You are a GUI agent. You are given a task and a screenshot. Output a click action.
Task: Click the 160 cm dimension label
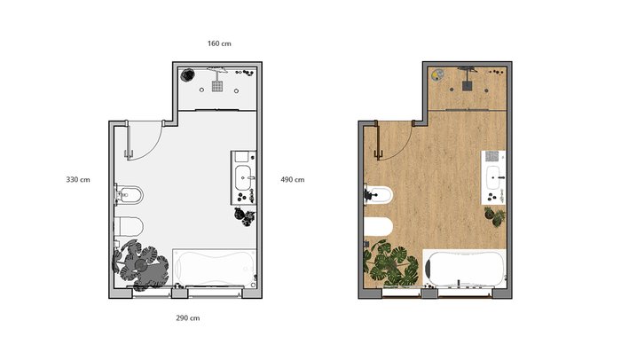coord(219,43)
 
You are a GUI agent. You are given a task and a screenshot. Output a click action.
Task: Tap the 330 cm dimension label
coord(78,179)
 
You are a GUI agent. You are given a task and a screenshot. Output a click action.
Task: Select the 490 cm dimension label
coord(293,179)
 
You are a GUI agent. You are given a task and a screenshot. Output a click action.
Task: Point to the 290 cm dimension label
coord(188,317)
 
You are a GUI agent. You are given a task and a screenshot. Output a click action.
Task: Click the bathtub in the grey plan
coord(215,268)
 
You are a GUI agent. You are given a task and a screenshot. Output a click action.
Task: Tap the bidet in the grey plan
coord(130,195)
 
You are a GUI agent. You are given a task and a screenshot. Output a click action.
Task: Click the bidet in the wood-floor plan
coord(379,195)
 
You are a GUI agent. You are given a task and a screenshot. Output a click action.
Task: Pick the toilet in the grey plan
coord(130,227)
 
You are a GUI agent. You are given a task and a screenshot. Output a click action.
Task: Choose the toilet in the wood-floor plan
coord(379,228)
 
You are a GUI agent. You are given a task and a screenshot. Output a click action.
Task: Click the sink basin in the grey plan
coord(243,177)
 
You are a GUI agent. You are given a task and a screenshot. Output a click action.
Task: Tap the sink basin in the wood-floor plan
coord(493,177)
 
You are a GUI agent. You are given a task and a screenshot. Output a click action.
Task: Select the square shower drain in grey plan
coord(216,86)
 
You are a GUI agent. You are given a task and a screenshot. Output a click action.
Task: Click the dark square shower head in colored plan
coord(467,85)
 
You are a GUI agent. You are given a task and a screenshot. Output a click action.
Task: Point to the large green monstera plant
coord(391,263)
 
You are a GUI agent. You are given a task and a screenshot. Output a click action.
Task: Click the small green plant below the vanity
coord(495,215)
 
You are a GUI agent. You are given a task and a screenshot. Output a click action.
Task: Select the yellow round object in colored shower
coord(437,74)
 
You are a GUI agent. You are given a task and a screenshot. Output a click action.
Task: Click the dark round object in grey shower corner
coord(187,74)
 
